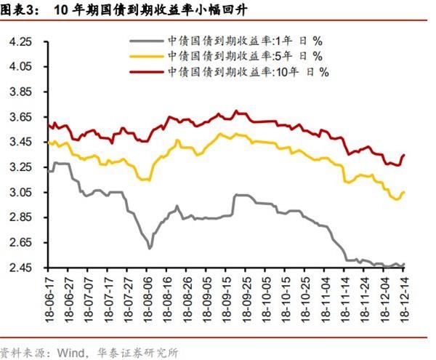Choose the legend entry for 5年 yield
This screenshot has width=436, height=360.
(x=246, y=56)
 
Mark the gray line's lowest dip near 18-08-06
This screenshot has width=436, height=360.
(x=150, y=249)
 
